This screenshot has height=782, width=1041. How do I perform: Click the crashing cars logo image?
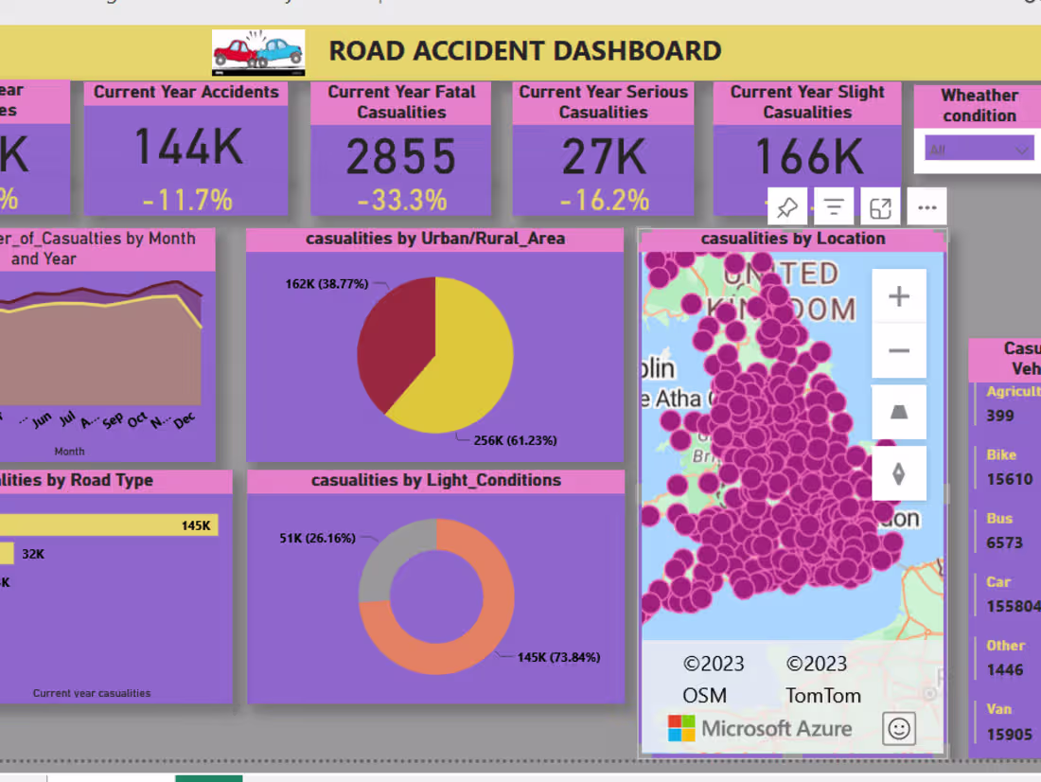[x=258, y=52]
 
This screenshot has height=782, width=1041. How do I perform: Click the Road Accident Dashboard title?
[x=524, y=50]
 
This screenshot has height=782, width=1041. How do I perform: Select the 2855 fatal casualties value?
[x=401, y=157]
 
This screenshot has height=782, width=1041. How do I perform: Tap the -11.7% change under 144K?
[x=187, y=200]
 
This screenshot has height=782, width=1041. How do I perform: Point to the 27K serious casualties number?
[x=603, y=157]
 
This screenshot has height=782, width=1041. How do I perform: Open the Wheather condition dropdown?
[x=979, y=150]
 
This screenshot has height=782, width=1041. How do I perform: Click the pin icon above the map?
[x=786, y=207]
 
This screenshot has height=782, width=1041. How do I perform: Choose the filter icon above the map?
[x=833, y=207]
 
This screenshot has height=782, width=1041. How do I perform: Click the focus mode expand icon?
[x=880, y=207]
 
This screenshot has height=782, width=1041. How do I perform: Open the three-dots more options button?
[x=926, y=207]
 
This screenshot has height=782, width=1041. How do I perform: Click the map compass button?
[x=898, y=473]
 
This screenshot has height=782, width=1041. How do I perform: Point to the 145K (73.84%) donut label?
[x=558, y=657]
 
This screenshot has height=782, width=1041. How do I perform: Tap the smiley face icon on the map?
[x=898, y=728]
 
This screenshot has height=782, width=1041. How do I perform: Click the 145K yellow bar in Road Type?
[x=109, y=525]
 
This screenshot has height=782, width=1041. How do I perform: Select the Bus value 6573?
[x=1004, y=542]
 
